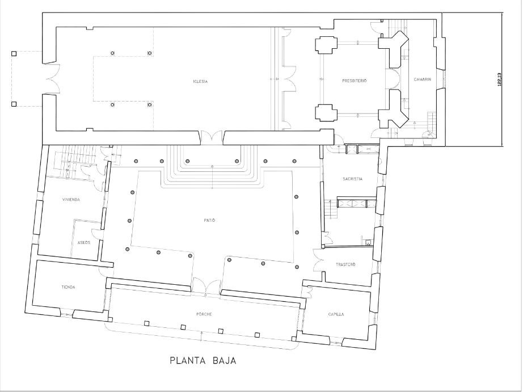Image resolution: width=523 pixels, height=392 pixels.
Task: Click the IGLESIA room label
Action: (x=200, y=82)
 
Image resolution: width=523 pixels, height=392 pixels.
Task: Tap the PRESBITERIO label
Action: (x=355, y=81)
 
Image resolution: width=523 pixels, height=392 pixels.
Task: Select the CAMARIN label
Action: (x=423, y=79)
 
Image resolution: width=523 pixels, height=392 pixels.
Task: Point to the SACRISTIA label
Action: (x=352, y=179)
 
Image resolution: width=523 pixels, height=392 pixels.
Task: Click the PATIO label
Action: (x=211, y=220)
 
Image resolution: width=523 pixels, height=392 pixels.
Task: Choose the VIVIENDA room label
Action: (x=70, y=200)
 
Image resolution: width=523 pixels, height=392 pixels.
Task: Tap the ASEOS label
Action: (x=83, y=243)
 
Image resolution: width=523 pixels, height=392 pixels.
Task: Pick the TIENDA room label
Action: (x=68, y=287)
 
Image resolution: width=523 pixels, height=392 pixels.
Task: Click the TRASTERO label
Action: (x=345, y=265)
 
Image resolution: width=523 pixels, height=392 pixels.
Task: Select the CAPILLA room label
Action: (x=336, y=314)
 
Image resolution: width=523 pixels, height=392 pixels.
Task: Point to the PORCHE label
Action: (x=204, y=314)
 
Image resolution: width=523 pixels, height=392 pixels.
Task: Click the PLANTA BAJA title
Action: (x=203, y=360)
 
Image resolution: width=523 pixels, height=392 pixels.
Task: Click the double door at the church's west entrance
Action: (x=50, y=79)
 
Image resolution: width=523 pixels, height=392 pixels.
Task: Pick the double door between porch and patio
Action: (x=205, y=286)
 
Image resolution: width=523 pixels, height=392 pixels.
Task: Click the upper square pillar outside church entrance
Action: (x=14, y=54)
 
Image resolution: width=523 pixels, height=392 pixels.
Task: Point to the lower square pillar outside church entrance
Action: (x=14, y=104)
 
